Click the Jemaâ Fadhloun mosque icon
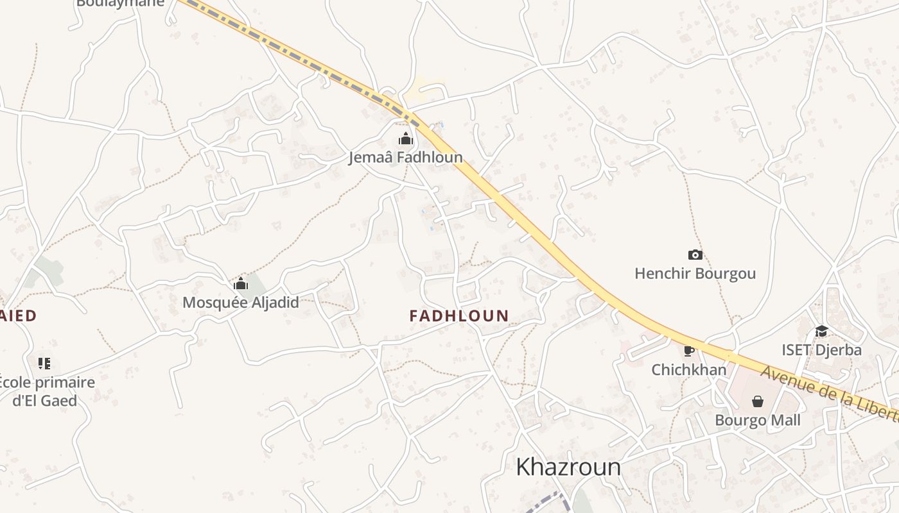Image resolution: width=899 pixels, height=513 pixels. coord(405,139)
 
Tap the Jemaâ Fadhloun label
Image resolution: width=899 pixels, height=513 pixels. coord(405,157)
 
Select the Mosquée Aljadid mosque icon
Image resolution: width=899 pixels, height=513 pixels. coord(241,283)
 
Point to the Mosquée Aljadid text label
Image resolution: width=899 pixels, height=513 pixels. coord(241,302)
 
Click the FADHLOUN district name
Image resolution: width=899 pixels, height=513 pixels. coord(459,316)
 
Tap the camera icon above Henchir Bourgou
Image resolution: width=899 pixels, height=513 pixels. coord(695,255)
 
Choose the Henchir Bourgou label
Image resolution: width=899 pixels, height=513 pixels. coord(695,274)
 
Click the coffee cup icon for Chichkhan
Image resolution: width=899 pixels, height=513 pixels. coord(689,351)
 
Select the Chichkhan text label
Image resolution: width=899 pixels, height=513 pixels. coord(689,370)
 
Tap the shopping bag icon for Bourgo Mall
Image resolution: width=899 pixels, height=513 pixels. coord(758,401)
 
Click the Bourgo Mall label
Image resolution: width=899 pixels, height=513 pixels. coord(758,421)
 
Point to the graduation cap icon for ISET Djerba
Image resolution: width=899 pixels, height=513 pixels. coord(821,331)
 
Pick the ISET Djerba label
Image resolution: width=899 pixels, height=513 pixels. coord(821,350)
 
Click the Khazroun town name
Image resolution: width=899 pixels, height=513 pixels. coord(568,467)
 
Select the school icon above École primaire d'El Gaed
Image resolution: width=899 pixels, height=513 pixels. coord(44,364)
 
